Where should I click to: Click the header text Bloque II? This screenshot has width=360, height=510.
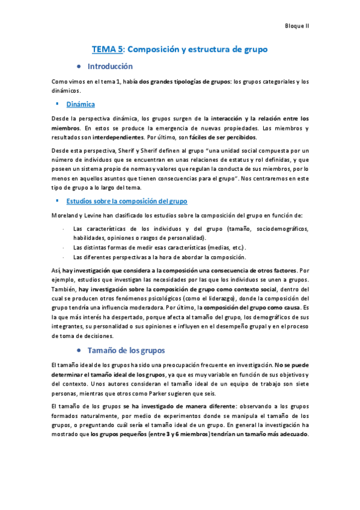[297, 26]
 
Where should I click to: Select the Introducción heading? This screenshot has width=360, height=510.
[110, 66]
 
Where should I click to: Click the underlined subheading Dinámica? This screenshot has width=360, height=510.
[81, 104]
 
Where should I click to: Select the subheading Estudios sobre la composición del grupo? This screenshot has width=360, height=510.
[127, 201]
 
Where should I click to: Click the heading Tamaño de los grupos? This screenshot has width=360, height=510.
[126, 350]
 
